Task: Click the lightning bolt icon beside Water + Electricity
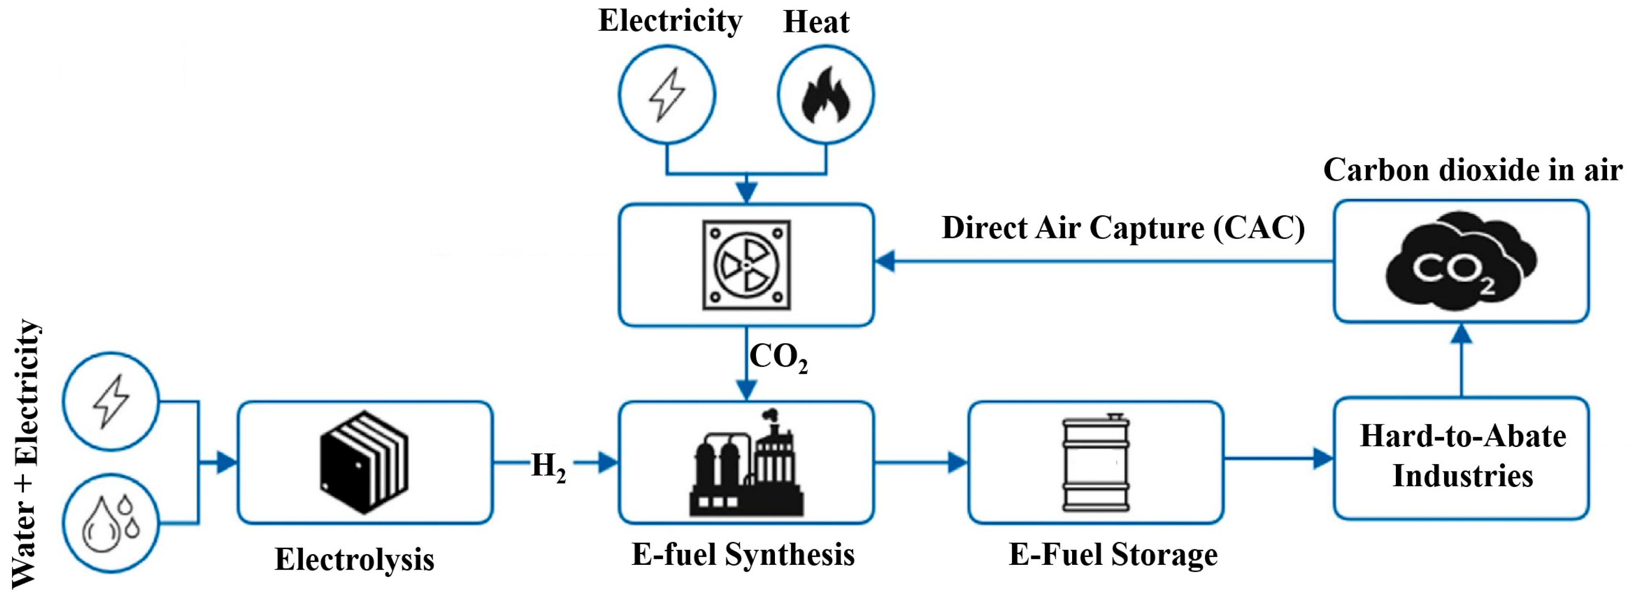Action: tap(111, 401)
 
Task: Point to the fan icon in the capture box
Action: tap(746, 265)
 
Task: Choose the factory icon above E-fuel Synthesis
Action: tap(746, 462)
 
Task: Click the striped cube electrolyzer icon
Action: tap(364, 462)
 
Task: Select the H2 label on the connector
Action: tap(548, 467)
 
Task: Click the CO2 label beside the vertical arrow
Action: tap(779, 358)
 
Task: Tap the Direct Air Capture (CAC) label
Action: tap(1123, 228)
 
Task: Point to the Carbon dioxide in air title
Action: tap(1473, 170)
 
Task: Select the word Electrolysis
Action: tap(354, 559)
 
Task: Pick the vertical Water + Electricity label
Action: tap(26, 453)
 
